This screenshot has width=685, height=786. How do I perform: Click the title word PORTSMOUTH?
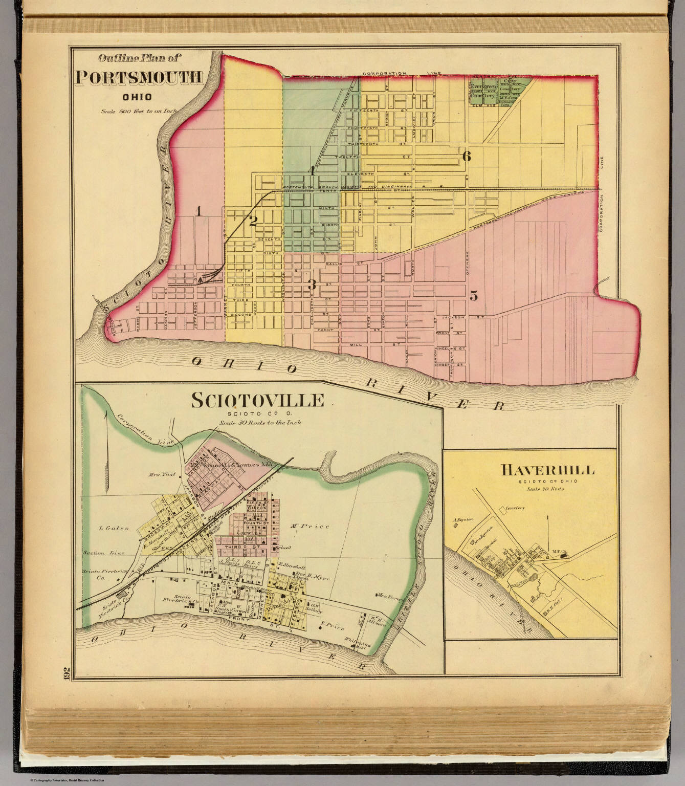coord(139,77)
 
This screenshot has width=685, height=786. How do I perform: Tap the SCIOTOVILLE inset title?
coord(257,400)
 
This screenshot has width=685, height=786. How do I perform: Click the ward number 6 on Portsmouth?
coord(466,157)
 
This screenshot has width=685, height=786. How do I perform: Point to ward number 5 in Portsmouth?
coord(474,296)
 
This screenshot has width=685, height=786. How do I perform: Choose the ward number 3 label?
coord(312,285)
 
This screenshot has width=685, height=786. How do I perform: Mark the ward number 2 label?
coord(253,221)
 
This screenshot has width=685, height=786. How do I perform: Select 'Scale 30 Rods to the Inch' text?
coord(260,423)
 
